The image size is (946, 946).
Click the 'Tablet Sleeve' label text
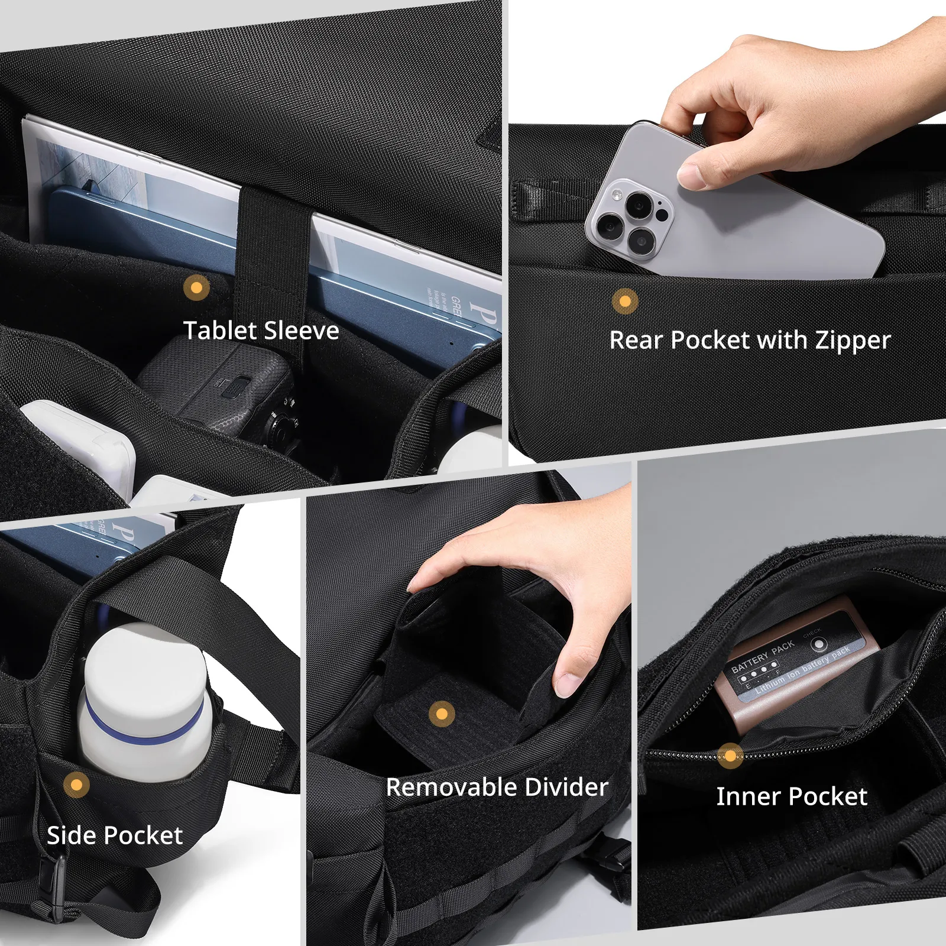(x=261, y=331)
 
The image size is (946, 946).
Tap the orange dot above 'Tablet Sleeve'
(x=196, y=288)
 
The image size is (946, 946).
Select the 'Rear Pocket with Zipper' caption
(x=749, y=341)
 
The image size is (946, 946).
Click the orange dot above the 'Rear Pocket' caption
(x=625, y=302)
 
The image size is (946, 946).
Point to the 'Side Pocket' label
(x=115, y=835)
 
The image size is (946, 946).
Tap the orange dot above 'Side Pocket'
(x=76, y=785)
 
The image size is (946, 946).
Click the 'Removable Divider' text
(x=497, y=788)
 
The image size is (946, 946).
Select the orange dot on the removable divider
(x=442, y=714)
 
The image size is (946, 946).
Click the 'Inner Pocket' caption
(x=791, y=796)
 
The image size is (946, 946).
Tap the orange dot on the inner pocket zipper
(x=730, y=756)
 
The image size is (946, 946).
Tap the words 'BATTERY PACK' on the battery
(x=763, y=657)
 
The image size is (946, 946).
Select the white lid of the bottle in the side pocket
(x=145, y=662)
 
